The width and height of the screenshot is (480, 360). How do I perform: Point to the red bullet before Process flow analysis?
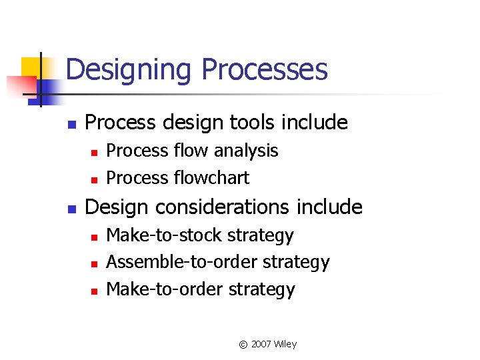94,153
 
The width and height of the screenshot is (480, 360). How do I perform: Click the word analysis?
244,151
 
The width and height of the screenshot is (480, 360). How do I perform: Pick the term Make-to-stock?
165,235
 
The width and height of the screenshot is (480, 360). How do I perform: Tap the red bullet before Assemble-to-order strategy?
94,264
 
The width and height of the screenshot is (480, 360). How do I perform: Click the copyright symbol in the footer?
243,345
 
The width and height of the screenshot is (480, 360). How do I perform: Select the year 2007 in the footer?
261,345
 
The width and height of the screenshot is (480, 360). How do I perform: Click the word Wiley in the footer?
285,345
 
